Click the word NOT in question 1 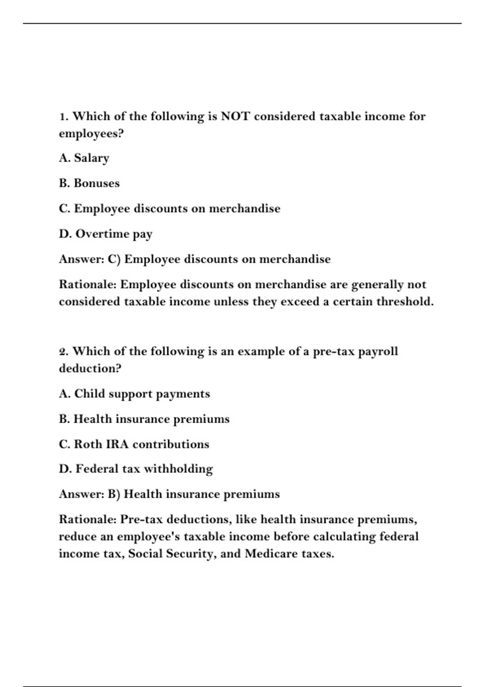235,116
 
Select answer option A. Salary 84,158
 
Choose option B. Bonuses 89,183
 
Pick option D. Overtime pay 106,234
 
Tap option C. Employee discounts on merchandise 169,209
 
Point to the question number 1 63,116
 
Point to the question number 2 63,351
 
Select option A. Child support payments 134,394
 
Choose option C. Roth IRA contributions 134,444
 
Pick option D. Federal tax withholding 136,469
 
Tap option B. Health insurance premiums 144,419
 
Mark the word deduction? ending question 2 90,368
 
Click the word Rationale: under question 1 88,284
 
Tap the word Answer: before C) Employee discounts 82,259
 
